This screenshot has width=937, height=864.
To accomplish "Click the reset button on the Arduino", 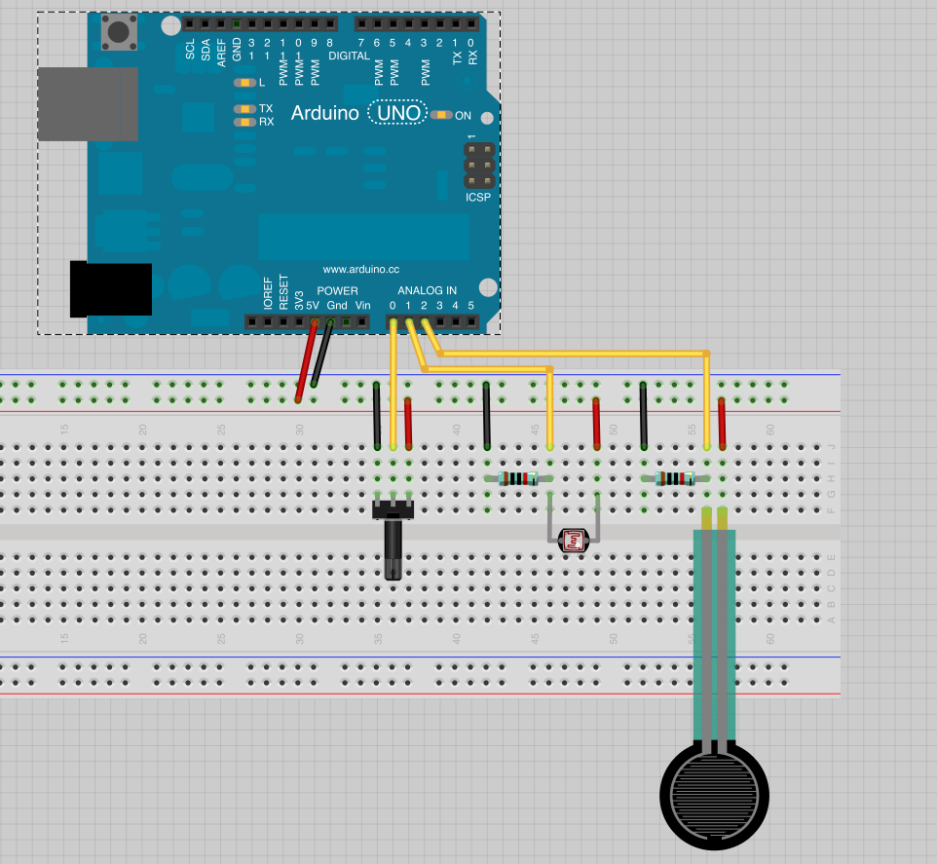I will click(x=119, y=33).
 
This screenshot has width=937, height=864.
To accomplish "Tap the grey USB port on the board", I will click(x=87, y=103).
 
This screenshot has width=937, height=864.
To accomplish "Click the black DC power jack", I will click(x=110, y=289).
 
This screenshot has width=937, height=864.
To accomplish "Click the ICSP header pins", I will click(x=477, y=168).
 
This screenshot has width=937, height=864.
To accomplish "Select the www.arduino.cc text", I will click(x=360, y=269).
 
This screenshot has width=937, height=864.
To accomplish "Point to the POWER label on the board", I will click(x=337, y=291).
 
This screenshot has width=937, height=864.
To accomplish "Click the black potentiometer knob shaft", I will click(x=393, y=550).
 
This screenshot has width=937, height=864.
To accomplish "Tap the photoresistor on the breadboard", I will click(x=573, y=542).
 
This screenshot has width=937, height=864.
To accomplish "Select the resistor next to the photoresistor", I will click(x=517, y=478).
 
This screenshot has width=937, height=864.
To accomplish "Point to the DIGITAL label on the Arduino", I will click(x=349, y=56).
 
